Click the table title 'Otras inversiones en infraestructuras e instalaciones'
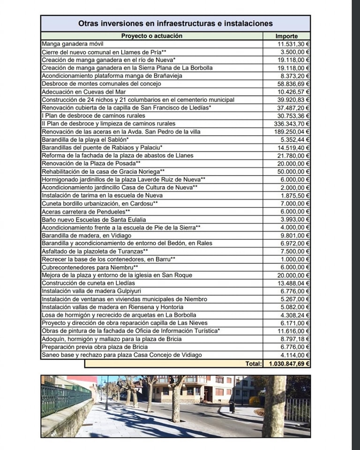(x=175, y=23)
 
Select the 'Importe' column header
(x=286, y=36)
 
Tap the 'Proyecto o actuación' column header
(x=151, y=36)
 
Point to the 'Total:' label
(x=254, y=363)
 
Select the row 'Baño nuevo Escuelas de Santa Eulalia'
(x=94, y=219)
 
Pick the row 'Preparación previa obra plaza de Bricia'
(x=95, y=347)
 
